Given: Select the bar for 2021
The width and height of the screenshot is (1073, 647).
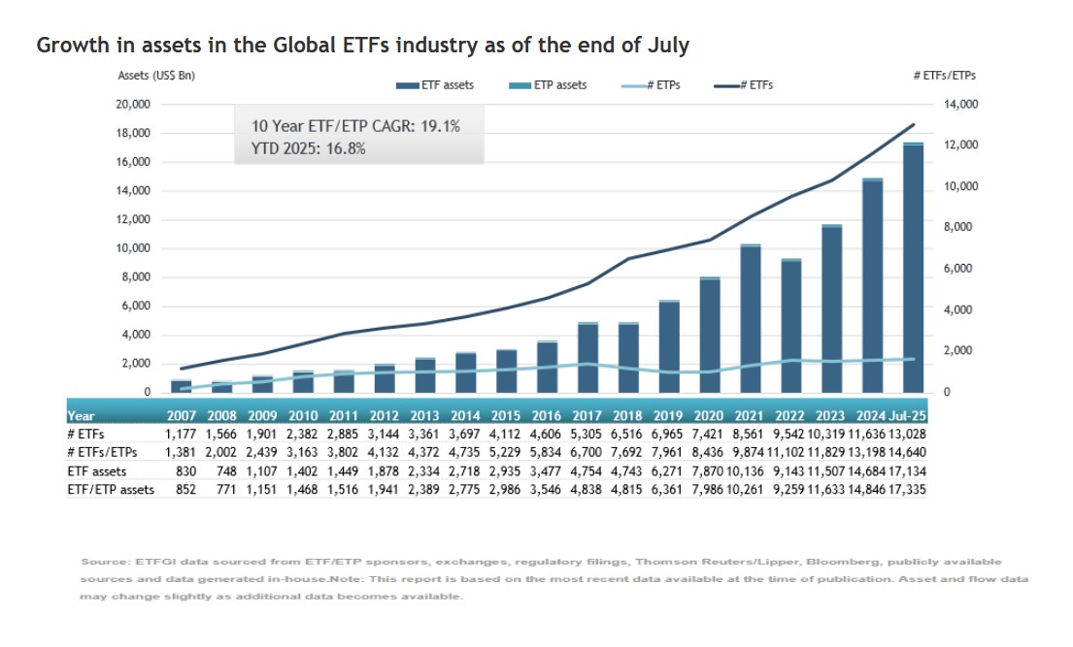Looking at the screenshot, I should tap(750, 320).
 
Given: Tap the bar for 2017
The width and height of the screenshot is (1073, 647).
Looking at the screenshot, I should tap(587, 358).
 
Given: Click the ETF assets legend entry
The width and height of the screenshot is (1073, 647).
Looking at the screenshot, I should tap(435, 85).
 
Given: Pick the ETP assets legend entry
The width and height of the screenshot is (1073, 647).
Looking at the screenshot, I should tap(548, 85).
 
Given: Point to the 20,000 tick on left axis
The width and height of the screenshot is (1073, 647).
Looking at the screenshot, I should tap(133, 105).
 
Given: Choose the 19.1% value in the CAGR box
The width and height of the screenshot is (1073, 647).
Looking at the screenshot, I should tap(438, 127).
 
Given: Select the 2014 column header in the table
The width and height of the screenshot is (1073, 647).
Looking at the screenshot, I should tap(466, 414).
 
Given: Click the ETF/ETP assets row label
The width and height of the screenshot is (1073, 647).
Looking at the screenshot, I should tap(111, 490).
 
